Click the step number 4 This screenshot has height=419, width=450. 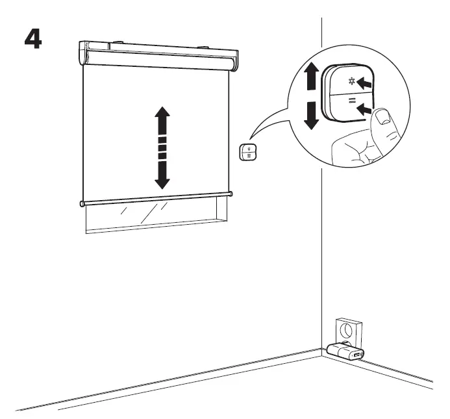click(32, 40)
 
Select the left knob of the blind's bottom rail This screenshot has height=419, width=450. click(82, 204)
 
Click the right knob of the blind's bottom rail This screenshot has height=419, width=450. click(231, 193)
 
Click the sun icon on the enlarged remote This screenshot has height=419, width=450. click(352, 83)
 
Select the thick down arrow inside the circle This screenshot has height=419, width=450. click(312, 116)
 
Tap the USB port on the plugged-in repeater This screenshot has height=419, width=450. click(356, 355)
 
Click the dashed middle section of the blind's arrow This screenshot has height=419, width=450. click(162, 147)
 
